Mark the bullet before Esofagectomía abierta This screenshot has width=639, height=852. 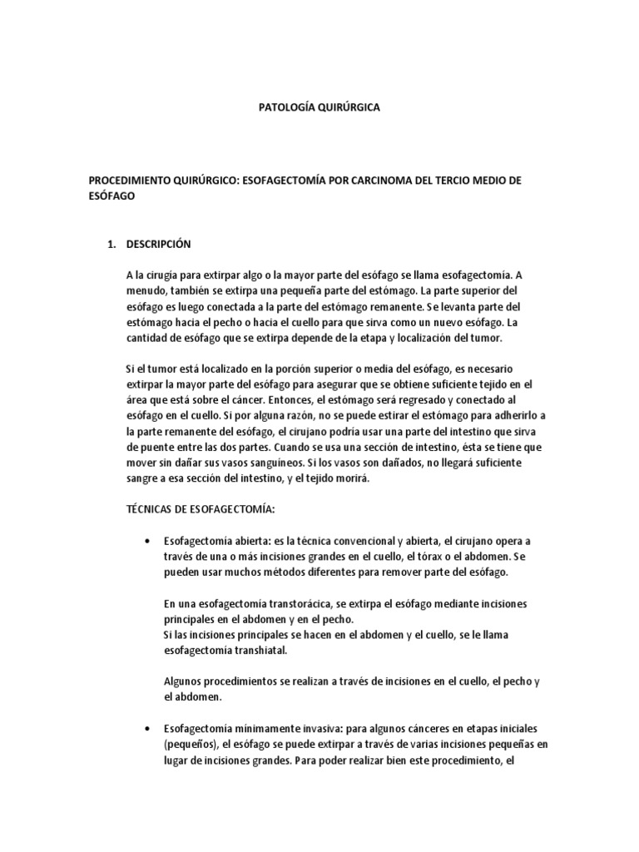[146, 541]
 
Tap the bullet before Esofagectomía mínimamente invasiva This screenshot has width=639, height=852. [146, 728]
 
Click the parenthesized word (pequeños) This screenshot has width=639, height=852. [191, 744]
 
